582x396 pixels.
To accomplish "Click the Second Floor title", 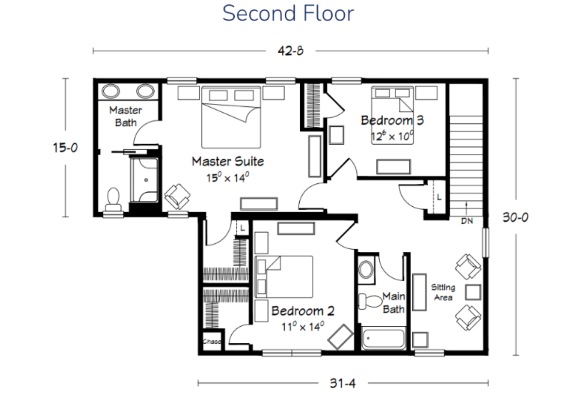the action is (x=288, y=13).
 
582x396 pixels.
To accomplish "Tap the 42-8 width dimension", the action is (x=291, y=51).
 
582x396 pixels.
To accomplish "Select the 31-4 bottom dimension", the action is (x=343, y=383).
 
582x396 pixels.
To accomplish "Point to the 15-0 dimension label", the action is (x=65, y=148).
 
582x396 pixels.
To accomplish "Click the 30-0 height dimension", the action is (x=516, y=217).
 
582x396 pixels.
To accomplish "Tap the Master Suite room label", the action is (x=228, y=161).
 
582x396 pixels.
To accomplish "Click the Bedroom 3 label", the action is (x=392, y=121).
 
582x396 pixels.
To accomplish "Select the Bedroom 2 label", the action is (x=303, y=311).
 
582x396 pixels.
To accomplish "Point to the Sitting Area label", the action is (x=443, y=292).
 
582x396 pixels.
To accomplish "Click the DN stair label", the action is (x=467, y=221).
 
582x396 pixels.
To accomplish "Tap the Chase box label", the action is (x=212, y=342).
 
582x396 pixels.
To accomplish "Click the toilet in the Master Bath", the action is (x=113, y=199).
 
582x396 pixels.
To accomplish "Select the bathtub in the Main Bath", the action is (x=384, y=338).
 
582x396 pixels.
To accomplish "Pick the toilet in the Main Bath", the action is (x=371, y=301).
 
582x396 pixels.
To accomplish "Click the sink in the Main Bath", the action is (x=366, y=270).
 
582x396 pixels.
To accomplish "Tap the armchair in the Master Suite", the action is (x=178, y=197).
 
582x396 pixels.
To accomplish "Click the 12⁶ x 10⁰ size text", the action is (x=392, y=136).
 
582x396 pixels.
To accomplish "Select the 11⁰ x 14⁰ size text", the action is (x=303, y=326).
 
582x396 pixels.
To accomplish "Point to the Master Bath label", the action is (x=126, y=117).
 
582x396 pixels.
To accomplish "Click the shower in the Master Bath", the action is (x=145, y=180).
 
